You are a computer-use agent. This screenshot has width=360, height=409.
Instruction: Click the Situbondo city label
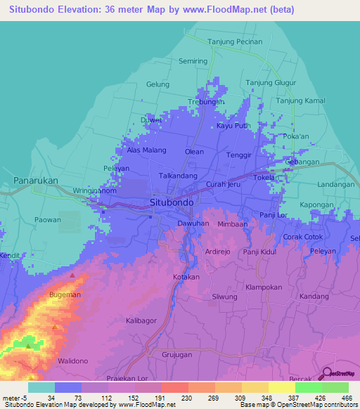[x=172, y=202]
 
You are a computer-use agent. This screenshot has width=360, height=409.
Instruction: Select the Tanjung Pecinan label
[x=238, y=41]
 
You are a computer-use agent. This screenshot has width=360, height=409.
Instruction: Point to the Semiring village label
[x=193, y=61]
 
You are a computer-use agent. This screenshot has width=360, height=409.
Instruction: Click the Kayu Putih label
[x=233, y=126]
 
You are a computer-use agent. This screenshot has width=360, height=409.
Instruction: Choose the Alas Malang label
[x=146, y=150]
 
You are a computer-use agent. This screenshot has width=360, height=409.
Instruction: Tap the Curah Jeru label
[x=223, y=184]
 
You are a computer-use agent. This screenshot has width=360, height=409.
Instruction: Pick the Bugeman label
[x=65, y=295]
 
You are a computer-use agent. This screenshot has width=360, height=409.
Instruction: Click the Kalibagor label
[x=141, y=320]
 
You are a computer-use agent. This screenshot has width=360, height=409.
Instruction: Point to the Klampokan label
[x=264, y=287]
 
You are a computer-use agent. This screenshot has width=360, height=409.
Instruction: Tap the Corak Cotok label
[x=302, y=237]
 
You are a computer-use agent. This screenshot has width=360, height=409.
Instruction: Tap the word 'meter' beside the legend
[x=12, y=398]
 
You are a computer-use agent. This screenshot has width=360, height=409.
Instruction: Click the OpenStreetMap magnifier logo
[x=327, y=375]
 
